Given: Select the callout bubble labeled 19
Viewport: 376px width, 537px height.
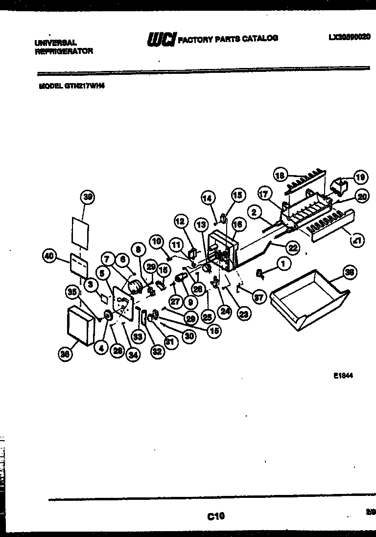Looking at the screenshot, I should point(361,177).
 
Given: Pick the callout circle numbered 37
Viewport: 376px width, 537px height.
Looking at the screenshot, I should point(258,296).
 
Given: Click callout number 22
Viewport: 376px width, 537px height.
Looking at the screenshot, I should point(292,248).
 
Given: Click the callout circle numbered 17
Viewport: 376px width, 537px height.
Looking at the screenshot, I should point(264,194).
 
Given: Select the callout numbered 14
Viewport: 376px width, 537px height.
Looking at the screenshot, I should point(208,198).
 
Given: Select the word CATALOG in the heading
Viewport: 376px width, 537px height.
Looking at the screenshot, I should point(260,38).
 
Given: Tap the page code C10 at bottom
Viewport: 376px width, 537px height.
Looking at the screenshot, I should point(215,515).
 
